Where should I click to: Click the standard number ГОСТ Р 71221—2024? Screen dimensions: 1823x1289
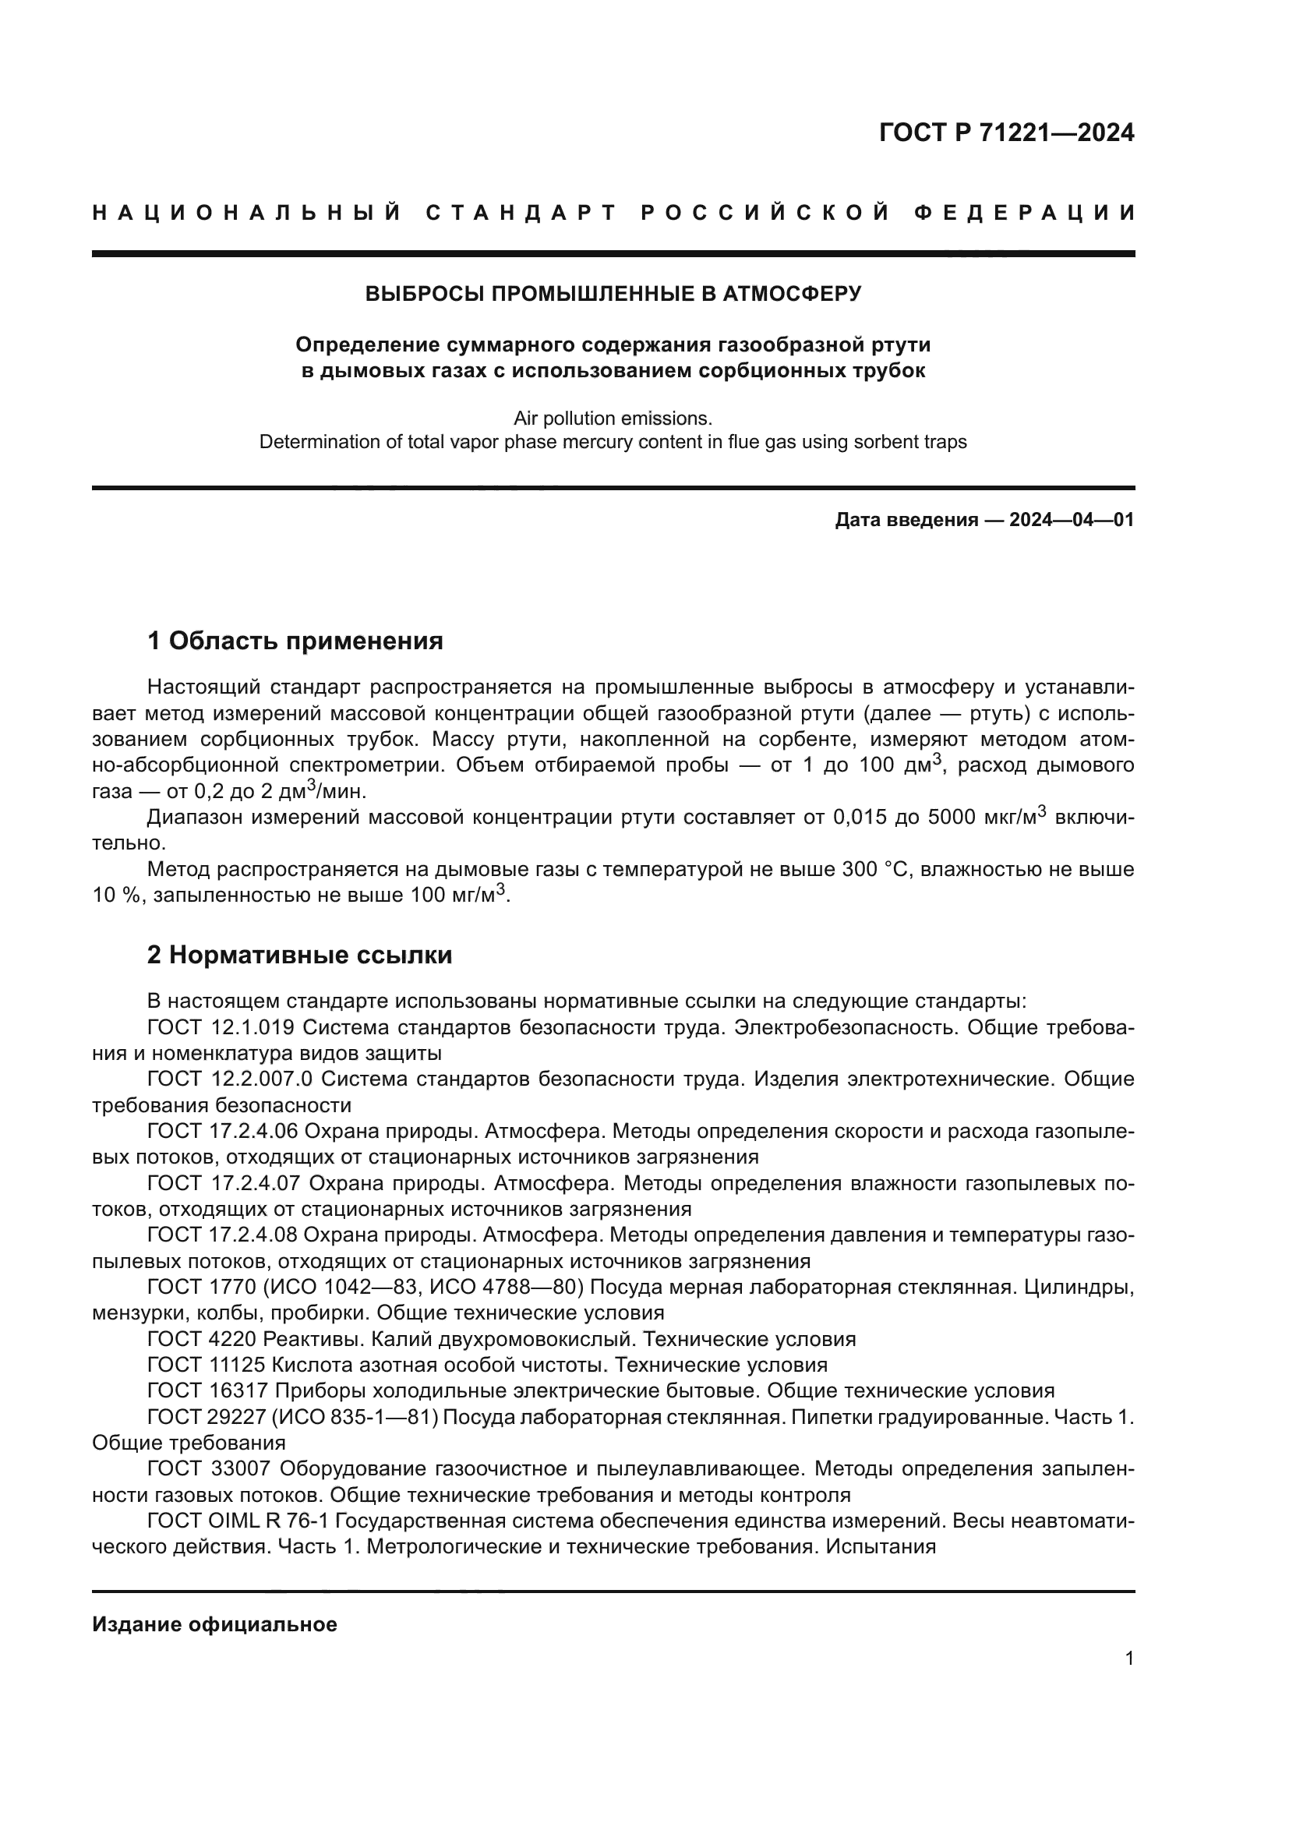click(x=1006, y=132)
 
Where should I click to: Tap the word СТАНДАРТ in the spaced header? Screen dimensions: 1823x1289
click(x=521, y=213)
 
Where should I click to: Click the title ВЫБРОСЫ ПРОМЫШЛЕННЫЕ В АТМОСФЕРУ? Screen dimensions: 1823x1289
click(x=613, y=294)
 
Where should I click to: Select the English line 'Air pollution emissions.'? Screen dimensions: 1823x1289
click(x=613, y=419)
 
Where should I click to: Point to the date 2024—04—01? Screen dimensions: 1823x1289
click(x=1072, y=520)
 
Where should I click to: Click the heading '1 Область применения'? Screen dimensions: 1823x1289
click(x=295, y=641)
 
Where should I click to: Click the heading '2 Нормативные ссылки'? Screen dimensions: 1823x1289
click(x=300, y=956)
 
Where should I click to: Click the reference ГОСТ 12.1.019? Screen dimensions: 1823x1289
click(x=221, y=1027)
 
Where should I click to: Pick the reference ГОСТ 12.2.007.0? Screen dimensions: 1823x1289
click(x=230, y=1079)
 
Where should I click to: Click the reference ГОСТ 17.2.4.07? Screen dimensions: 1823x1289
click(x=224, y=1183)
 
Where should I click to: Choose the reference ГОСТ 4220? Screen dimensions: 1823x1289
click(x=202, y=1340)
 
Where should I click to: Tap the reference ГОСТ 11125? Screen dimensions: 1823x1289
click(x=206, y=1365)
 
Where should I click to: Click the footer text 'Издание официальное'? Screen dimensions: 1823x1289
click(x=214, y=1624)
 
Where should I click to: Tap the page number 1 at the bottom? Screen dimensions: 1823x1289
click(x=1129, y=1680)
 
